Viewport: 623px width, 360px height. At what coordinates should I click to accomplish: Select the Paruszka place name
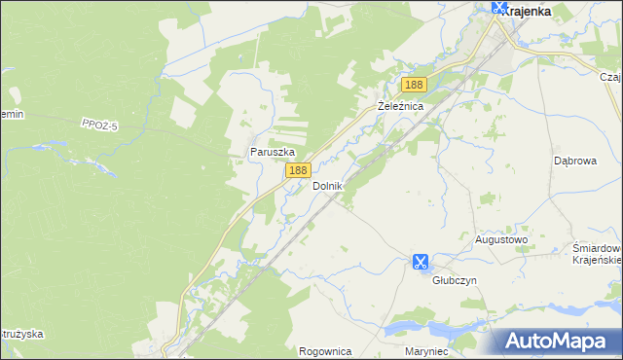tap(272, 152)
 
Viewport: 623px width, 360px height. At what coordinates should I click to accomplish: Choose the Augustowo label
tap(500, 238)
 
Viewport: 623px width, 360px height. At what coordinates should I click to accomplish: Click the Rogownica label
tap(325, 350)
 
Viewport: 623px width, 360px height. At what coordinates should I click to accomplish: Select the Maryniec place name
tap(424, 350)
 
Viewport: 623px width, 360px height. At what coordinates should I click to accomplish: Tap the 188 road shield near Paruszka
tap(297, 170)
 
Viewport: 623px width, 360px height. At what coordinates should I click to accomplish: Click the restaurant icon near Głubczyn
tap(420, 262)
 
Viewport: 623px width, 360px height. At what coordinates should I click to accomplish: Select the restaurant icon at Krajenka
tap(500, 8)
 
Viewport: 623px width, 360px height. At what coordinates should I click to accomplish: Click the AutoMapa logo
tap(557, 341)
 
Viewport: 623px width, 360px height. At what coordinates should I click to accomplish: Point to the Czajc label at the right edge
tap(610, 77)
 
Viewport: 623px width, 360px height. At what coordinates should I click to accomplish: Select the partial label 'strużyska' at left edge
tap(21, 334)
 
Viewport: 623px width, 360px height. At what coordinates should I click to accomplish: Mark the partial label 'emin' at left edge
tap(11, 114)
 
